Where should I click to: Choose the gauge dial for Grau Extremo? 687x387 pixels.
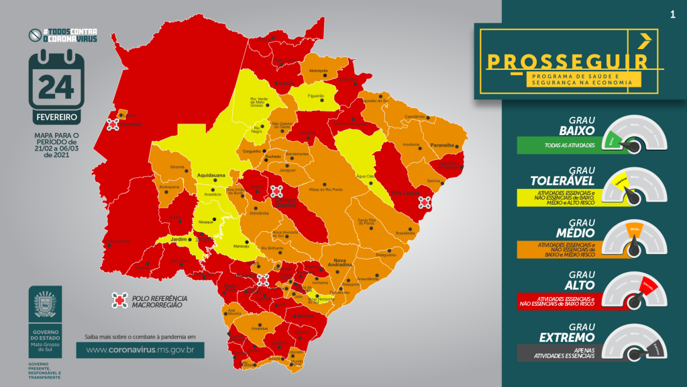point(634,343)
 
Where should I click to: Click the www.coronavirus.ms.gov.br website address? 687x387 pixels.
point(140,350)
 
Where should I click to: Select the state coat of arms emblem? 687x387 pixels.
point(45,304)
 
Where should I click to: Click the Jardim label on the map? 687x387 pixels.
point(179,239)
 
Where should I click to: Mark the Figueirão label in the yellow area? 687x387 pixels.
point(315,96)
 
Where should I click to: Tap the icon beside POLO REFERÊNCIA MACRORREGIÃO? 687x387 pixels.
point(119,300)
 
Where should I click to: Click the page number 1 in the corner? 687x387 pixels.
point(672,14)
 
